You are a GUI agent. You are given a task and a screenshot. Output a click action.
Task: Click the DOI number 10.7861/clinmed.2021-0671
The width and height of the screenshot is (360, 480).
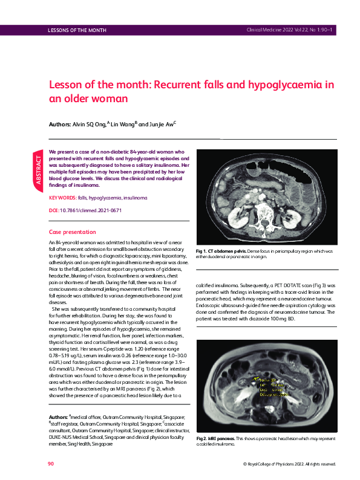(x=89, y=210)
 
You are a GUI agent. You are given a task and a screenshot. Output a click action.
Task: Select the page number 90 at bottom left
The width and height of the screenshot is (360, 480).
(x=51, y=463)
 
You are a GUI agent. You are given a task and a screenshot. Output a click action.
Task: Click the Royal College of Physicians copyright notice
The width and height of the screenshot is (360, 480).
(x=289, y=464)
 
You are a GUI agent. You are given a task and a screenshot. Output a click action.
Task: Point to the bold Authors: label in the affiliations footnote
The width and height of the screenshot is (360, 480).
(x=59, y=418)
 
